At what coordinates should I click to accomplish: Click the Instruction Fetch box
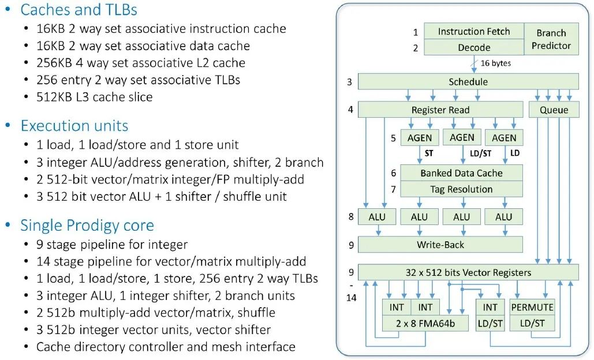pyautogui.click(x=474, y=31)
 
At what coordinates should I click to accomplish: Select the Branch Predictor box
pyautogui.click(x=551, y=39)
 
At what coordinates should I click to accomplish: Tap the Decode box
pyautogui.click(x=474, y=47)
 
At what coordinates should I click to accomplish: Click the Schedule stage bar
pyautogui.click(x=468, y=82)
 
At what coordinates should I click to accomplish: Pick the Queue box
pyautogui.click(x=554, y=110)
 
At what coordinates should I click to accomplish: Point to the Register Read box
pyautogui.click(x=440, y=110)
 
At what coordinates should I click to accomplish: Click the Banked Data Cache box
pyautogui.click(x=461, y=173)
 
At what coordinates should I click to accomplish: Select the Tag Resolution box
pyautogui.click(x=461, y=189)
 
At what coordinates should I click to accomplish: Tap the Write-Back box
pyautogui.click(x=440, y=245)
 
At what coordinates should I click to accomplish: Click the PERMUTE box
pyautogui.click(x=532, y=307)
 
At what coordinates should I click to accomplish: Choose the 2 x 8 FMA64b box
pyautogui.click(x=425, y=323)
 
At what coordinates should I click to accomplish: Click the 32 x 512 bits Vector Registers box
pyautogui.click(x=468, y=272)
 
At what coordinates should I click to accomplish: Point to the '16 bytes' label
pyautogui.click(x=495, y=63)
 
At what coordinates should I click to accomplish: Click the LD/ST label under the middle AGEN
pyautogui.click(x=480, y=153)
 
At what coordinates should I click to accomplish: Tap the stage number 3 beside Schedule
pyautogui.click(x=349, y=82)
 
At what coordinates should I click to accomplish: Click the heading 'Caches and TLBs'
pyautogui.click(x=79, y=9)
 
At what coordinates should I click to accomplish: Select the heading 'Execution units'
pyautogui.click(x=74, y=126)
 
